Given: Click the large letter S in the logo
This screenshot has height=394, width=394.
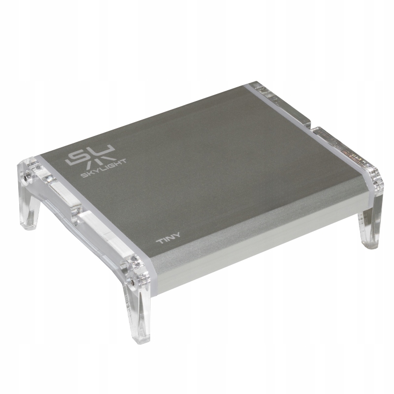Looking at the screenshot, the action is pos(77,157).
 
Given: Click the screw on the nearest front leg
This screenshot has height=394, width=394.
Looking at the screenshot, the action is pos(131,283).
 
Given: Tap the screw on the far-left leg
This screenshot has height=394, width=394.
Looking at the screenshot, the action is pos(26,178).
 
